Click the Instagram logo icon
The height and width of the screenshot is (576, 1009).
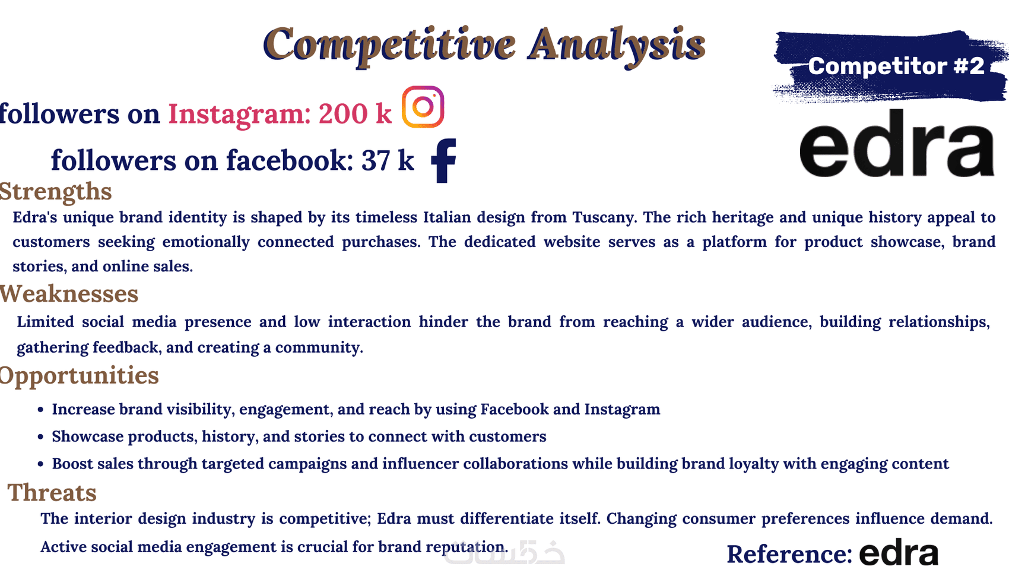tap(423, 107)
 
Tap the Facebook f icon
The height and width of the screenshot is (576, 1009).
tap(444, 160)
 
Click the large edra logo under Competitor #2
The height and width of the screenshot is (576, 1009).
tap(896, 143)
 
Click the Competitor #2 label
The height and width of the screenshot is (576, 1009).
tap(896, 67)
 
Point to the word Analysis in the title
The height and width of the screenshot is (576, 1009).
tap(617, 46)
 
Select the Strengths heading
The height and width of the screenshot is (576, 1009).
tap(55, 192)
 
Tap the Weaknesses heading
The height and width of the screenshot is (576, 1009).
tap(69, 294)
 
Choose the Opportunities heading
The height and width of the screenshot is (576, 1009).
tap(80, 376)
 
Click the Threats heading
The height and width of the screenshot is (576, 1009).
tap(52, 492)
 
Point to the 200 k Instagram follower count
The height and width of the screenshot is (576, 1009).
tap(355, 113)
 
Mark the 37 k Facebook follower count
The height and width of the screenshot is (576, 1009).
tap(388, 160)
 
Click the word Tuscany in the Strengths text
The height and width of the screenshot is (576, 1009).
tap(604, 218)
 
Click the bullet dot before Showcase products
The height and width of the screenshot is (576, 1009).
tap(40, 437)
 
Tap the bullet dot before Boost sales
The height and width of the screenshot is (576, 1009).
tap(40, 464)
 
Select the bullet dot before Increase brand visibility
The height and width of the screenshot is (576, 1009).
tap(40, 410)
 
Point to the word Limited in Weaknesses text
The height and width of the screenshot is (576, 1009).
tap(46, 322)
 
